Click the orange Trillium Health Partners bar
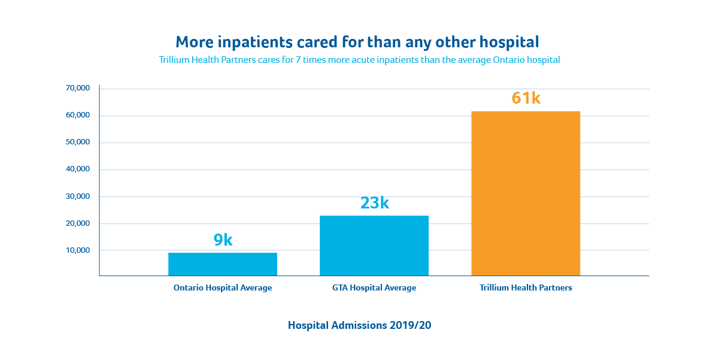point(526,193)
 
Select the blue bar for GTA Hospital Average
point(374,246)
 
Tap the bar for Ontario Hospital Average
point(223,264)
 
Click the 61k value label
point(526,98)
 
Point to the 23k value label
point(374,203)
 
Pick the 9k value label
point(223,240)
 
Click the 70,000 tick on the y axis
point(78,88)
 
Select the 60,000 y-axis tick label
point(78,115)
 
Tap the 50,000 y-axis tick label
point(78,142)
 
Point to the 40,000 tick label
point(78,169)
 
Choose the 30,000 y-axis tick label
point(78,196)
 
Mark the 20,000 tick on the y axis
point(78,223)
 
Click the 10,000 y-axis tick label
point(78,250)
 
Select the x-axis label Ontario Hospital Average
point(223,288)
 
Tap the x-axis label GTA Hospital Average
point(374,288)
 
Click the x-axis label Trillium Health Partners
point(526,288)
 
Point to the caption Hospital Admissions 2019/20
point(359,326)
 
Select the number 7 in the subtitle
point(298,60)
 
